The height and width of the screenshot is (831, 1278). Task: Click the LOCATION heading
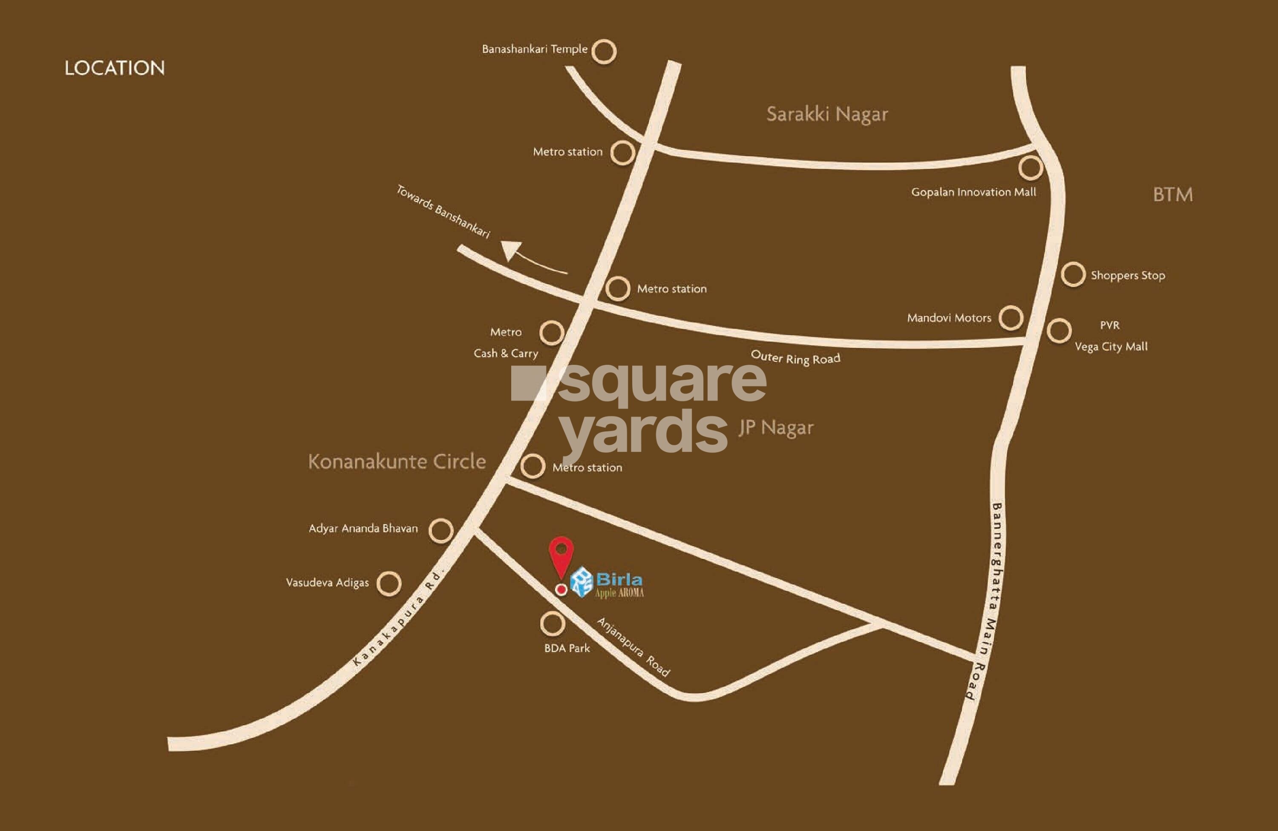[114, 68]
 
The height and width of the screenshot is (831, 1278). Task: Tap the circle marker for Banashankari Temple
[604, 52]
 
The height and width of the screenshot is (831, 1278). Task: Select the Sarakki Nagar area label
[827, 114]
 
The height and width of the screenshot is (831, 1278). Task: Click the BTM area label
[1173, 194]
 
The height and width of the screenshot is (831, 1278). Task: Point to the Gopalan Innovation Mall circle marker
[1030, 167]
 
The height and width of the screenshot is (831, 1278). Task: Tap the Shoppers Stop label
[1128, 276]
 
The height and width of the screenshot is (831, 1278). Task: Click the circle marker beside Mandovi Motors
[1010, 317]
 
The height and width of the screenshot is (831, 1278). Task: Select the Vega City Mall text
[1111, 347]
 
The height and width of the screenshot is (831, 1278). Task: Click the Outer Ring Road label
[795, 358]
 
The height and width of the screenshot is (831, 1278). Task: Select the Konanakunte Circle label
[397, 462]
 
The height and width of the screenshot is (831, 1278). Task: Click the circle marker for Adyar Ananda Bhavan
[441, 531]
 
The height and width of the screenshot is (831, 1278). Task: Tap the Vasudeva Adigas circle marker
[389, 583]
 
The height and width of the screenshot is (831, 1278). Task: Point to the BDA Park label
[567, 648]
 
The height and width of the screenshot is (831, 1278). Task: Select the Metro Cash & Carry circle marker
[552, 333]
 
